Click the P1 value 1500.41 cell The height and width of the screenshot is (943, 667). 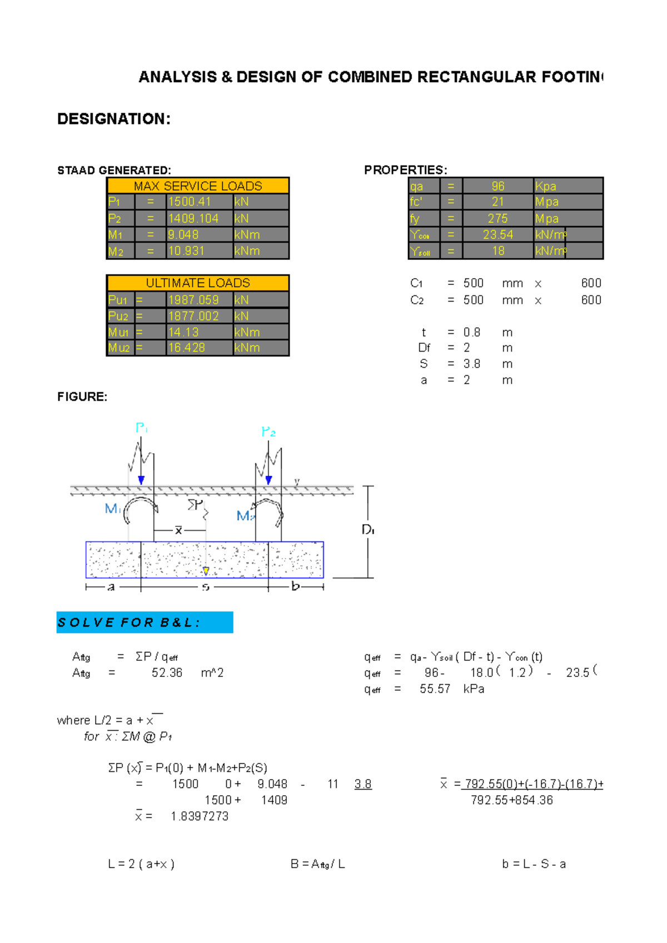(x=199, y=202)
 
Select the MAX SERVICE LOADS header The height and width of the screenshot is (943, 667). (x=198, y=186)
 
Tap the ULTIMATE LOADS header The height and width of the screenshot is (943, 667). (x=198, y=283)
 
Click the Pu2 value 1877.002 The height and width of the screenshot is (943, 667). (x=199, y=316)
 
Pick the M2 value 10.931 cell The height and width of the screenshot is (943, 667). (x=199, y=251)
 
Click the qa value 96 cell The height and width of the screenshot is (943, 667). (x=497, y=186)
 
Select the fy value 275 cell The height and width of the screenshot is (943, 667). (x=497, y=218)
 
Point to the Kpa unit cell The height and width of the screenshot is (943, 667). (x=568, y=186)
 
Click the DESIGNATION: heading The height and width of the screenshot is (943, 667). (x=114, y=119)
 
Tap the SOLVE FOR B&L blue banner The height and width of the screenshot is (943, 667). (x=145, y=623)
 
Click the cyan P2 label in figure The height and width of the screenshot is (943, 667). (x=268, y=432)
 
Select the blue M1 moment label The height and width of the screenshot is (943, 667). (x=112, y=508)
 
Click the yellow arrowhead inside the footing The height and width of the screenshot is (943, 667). (x=206, y=571)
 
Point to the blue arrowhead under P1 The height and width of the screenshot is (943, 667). (x=141, y=480)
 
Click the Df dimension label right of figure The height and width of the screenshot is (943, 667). (x=368, y=530)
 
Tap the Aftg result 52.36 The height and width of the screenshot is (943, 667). (x=167, y=673)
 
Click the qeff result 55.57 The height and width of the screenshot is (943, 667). (x=435, y=689)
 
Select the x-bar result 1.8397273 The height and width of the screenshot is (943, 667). (x=200, y=816)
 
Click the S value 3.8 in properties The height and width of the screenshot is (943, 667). (x=471, y=364)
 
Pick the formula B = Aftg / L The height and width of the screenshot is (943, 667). (x=317, y=864)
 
